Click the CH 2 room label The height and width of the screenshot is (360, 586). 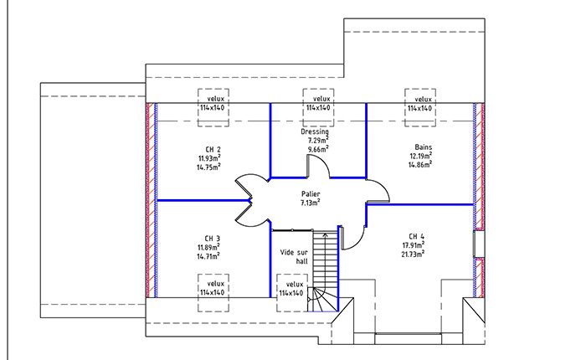tap(213, 150)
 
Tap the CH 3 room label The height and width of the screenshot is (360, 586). tap(213, 239)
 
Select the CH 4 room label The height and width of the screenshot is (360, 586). tap(416, 236)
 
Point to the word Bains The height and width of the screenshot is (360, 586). tap(423, 147)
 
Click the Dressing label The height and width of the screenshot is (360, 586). tap(315, 132)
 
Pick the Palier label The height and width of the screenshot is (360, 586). tap(311, 194)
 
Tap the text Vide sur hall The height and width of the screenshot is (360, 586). tap(294, 256)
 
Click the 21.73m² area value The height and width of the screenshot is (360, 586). tap(413, 255)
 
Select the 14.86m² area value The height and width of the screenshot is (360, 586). tap(420, 164)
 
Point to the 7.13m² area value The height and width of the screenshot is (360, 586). tap(311, 203)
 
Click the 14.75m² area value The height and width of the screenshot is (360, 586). tap(208, 167)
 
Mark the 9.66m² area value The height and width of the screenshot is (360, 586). tap(318, 149)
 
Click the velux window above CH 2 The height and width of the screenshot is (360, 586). tap(213, 108)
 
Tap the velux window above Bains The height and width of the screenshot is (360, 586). tap(420, 108)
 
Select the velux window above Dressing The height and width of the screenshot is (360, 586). tap(318, 108)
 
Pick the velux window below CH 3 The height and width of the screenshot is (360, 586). tap(213, 293)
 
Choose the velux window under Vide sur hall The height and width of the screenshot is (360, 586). tap(292, 293)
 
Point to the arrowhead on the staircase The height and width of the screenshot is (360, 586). tap(325, 235)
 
